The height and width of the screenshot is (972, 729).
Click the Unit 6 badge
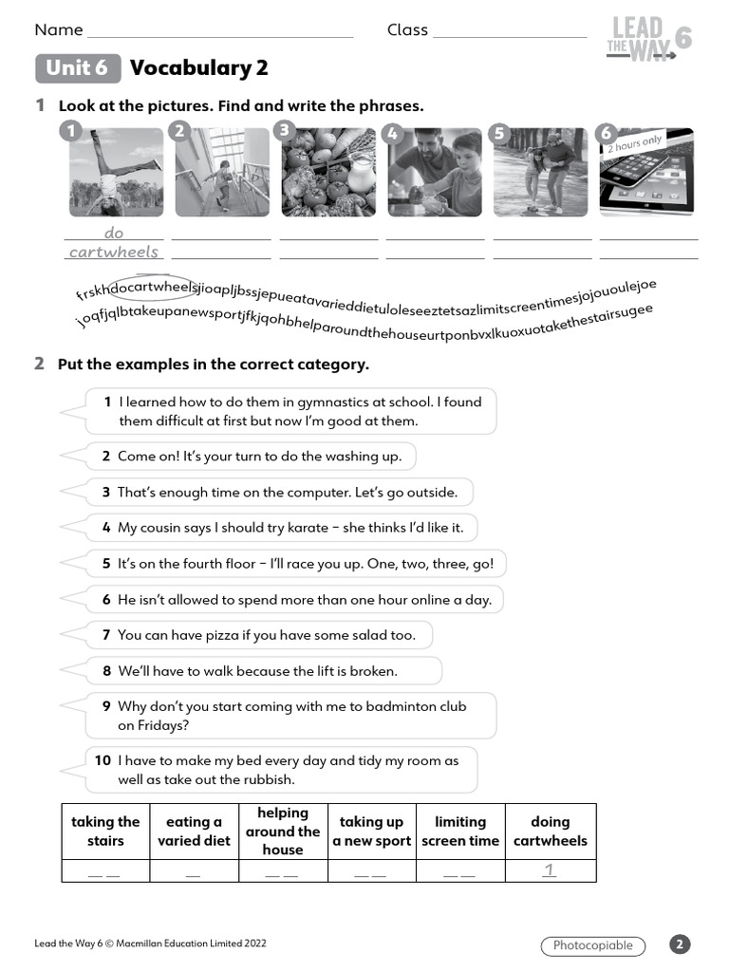78,68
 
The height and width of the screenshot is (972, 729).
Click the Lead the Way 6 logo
648,41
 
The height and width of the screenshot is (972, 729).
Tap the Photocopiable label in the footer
593,945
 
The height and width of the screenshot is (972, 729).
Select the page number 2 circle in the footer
680,944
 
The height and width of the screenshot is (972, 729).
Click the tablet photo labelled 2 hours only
646,172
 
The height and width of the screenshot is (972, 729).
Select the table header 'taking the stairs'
105,832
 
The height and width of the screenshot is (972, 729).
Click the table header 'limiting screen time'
460,832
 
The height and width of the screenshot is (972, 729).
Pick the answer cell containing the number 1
550,870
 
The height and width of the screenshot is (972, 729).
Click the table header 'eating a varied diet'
194,832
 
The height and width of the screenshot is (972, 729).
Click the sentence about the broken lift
257,671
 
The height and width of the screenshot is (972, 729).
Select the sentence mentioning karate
290,528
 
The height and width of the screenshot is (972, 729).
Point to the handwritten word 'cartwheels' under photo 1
114,252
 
